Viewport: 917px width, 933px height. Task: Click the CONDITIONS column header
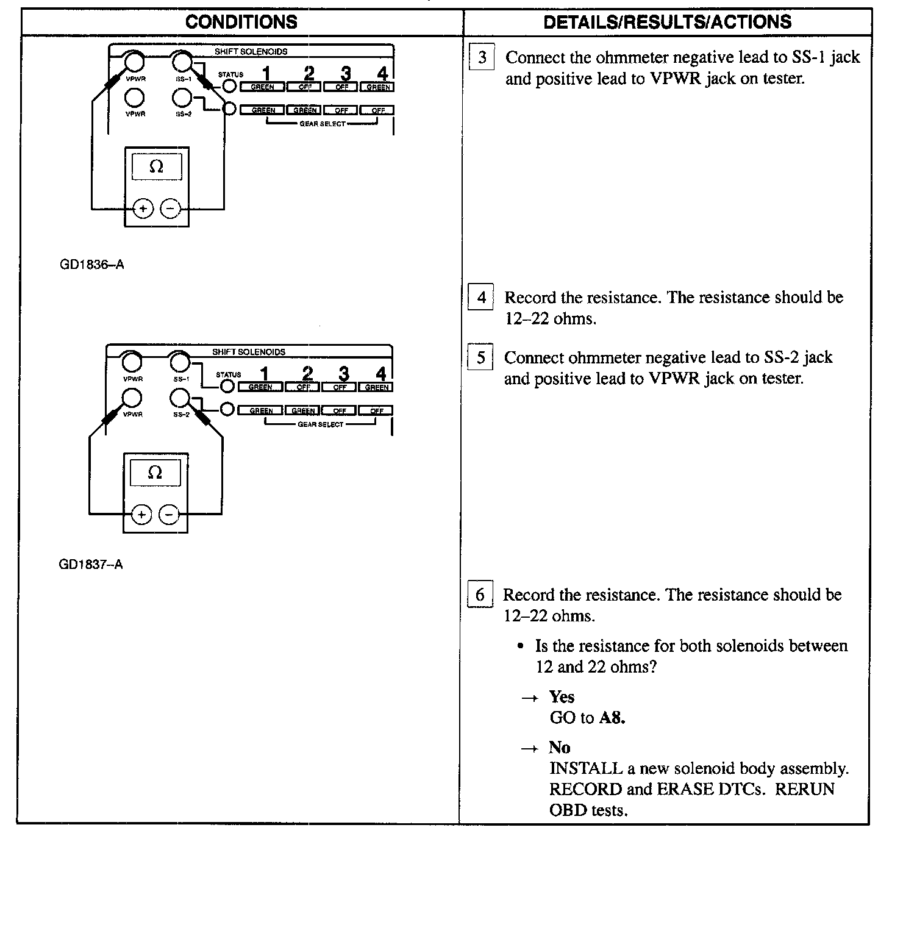point(241,22)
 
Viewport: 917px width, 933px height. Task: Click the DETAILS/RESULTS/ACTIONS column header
point(667,22)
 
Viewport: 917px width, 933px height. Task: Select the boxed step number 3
point(482,58)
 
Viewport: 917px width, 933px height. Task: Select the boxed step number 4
point(480,298)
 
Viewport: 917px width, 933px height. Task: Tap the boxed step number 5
point(480,357)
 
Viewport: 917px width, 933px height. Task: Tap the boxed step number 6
point(480,595)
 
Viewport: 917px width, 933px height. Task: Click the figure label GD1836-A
point(92,265)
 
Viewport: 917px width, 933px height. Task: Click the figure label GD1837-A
point(91,565)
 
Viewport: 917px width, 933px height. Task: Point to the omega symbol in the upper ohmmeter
point(157,166)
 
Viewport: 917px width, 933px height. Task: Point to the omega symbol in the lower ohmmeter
point(155,473)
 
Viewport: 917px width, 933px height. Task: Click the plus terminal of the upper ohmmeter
point(143,209)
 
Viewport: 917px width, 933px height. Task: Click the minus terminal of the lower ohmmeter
point(169,515)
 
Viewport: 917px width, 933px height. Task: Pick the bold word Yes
point(562,697)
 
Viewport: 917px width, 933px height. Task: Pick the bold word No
point(559,748)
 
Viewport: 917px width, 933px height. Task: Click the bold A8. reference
point(612,718)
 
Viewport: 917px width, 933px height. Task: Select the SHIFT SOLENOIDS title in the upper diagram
point(251,52)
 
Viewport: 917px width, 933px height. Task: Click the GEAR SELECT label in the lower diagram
point(321,424)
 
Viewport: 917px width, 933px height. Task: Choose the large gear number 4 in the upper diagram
point(382,74)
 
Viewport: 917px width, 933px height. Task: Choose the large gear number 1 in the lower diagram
point(265,374)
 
